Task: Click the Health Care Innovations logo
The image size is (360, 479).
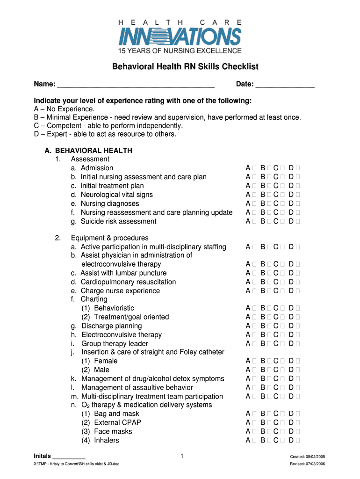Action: coord(180,36)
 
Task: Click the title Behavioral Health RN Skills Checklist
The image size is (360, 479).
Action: coord(185,67)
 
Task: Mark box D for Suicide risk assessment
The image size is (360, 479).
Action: coord(298,221)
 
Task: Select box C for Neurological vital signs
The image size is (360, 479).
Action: coord(282,195)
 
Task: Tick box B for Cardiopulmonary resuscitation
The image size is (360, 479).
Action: coord(268,282)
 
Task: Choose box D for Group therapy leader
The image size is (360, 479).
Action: coord(298,344)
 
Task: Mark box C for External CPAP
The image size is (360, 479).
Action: coord(282,423)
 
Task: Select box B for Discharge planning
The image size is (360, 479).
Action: coord(268,326)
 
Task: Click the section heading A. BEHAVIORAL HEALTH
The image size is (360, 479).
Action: coord(88,151)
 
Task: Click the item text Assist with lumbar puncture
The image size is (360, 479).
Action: coord(123,273)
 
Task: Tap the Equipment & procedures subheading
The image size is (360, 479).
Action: coord(109,238)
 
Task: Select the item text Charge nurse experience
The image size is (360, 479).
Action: coord(120,291)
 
